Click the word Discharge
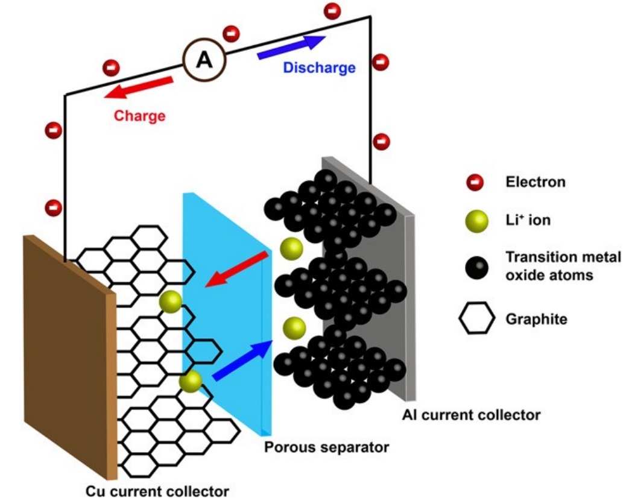[x=319, y=68]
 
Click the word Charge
[x=140, y=115]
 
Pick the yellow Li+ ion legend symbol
[x=475, y=221]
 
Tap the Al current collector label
[x=472, y=415]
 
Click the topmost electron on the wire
[x=332, y=11]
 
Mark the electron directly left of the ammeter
[x=111, y=67]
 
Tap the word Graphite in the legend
[x=536, y=319]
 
